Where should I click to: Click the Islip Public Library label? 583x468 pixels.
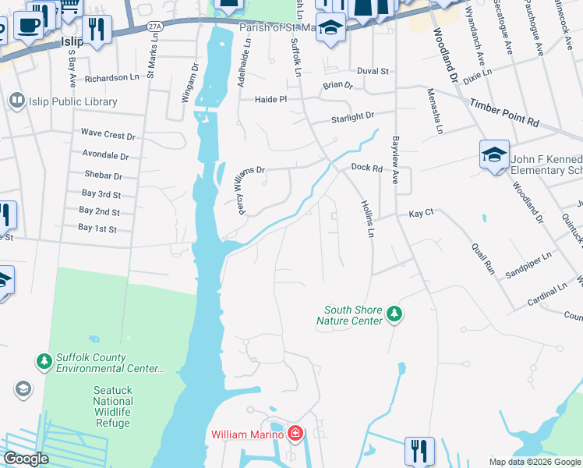click(x=73, y=101)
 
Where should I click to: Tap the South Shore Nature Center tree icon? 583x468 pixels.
click(x=395, y=314)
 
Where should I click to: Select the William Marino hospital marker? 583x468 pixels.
click(x=295, y=433)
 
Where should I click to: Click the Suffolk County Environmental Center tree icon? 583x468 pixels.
click(x=44, y=361)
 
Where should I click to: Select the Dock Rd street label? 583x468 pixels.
click(x=366, y=167)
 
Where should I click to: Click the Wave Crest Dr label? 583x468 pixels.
click(x=108, y=133)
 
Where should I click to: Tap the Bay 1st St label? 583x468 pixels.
click(x=97, y=229)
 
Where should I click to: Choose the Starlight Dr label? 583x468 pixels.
click(x=352, y=116)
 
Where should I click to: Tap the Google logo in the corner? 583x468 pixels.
click(x=26, y=459)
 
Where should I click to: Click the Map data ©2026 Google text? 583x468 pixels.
click(x=535, y=462)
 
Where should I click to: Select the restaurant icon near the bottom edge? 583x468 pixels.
click(x=419, y=451)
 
